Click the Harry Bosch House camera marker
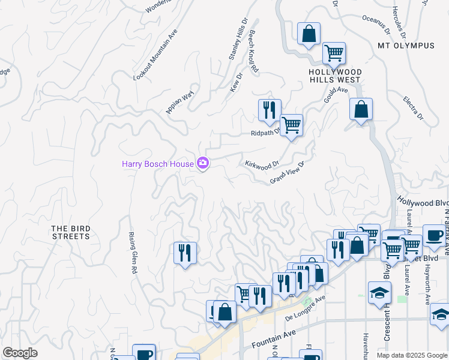pyautogui.click(x=202, y=163)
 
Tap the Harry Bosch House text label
pyautogui.click(x=158, y=163)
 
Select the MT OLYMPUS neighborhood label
pyautogui.click(x=406, y=46)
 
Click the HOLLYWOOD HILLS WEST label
pyautogui.click(x=334, y=75)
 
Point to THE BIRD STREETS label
pyautogui.click(x=70, y=232)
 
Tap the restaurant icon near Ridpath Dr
pyautogui.click(x=269, y=110)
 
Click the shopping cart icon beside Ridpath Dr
pyautogui.click(x=291, y=125)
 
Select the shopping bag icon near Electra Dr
pyautogui.click(x=361, y=110)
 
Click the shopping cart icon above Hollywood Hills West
pyautogui.click(x=334, y=53)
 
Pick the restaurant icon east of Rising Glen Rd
pyautogui.click(x=185, y=252)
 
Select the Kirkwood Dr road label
pyautogui.click(x=262, y=164)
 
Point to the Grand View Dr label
pyautogui.click(x=288, y=172)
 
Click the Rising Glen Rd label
pyautogui.click(x=133, y=253)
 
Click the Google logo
pyautogui.click(x=20, y=353)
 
